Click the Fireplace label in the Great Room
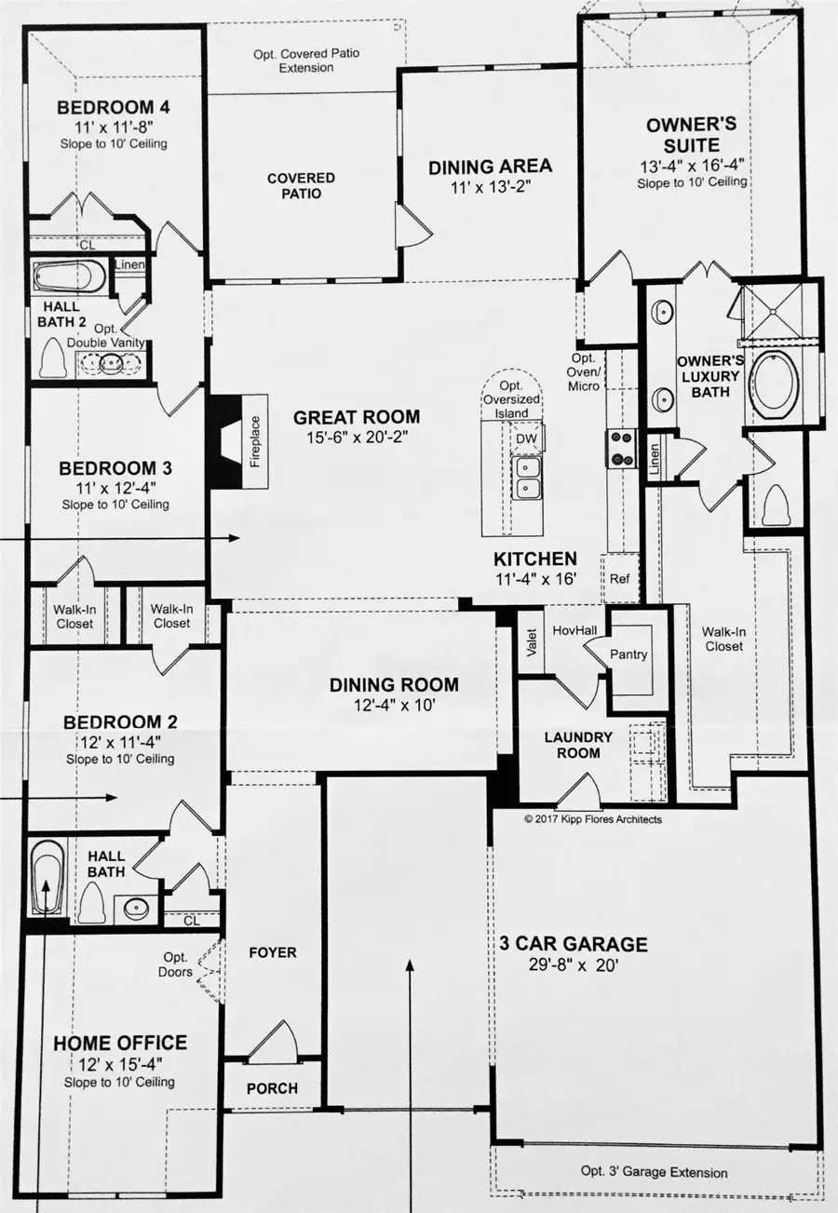(x=254, y=440)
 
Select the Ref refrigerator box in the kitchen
(x=620, y=578)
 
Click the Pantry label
(x=628, y=654)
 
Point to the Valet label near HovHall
(x=533, y=646)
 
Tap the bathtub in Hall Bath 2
(x=70, y=277)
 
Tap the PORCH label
(x=272, y=1088)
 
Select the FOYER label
(x=273, y=952)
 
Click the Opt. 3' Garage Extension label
(x=654, y=1172)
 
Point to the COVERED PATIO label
(x=301, y=185)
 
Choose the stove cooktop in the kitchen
(x=621, y=448)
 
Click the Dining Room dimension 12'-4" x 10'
(x=394, y=706)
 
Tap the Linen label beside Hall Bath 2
(x=128, y=265)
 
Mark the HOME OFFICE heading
(x=119, y=1044)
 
